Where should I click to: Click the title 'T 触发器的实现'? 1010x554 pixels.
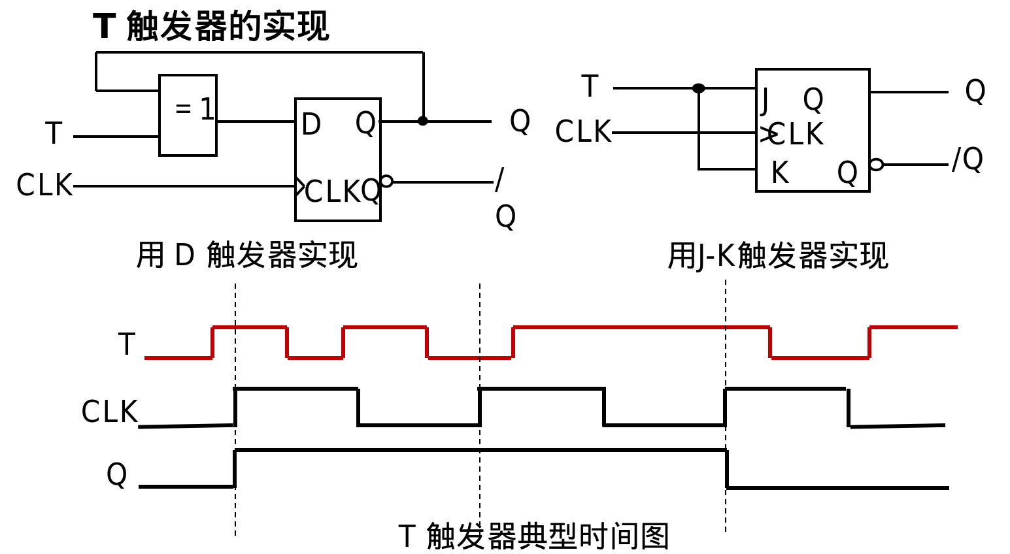coord(210,27)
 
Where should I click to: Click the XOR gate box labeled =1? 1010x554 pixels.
coord(188,115)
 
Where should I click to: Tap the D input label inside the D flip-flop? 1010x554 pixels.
coord(311,124)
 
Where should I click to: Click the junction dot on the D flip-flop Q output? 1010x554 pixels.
coord(423,121)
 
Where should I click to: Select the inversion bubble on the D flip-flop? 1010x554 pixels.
coord(386,181)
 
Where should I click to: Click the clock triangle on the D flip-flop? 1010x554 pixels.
coord(300,186)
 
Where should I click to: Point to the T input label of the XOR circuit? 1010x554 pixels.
coord(54,134)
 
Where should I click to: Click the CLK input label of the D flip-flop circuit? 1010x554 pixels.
coord(44,186)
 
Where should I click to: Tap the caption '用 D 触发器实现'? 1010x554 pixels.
coord(246,255)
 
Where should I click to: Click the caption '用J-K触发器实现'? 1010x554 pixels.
coord(777,255)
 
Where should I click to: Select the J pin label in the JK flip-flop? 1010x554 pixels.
coord(765,100)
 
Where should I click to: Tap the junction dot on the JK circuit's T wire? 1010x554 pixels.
coord(699,88)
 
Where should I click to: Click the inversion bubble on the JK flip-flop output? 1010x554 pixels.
coord(877,165)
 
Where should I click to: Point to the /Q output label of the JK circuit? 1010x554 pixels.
coord(968,159)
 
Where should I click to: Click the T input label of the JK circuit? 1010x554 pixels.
coord(590,87)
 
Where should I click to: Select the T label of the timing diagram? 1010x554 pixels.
coord(126,344)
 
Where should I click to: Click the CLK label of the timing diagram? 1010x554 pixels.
coord(109,412)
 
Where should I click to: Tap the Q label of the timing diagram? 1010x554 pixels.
coord(116,474)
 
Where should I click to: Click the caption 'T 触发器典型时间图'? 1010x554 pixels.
coord(533,536)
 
